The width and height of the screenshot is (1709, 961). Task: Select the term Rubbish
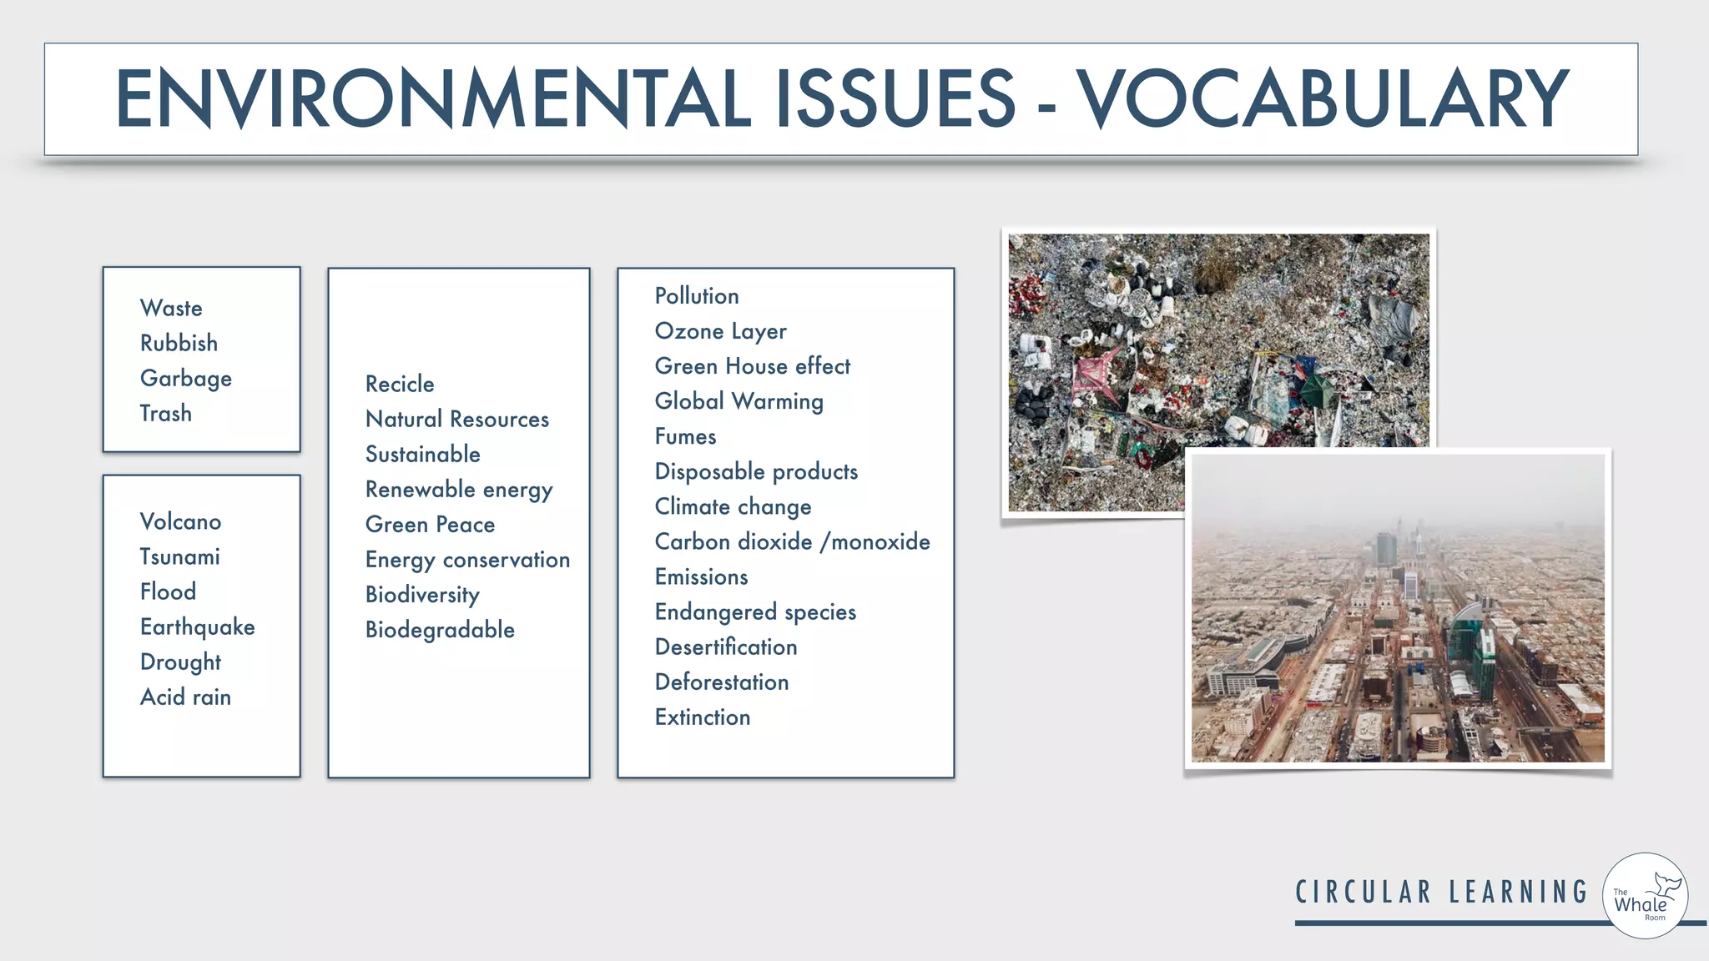179,343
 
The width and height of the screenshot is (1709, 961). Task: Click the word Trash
165,413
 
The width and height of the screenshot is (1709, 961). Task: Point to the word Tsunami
179,556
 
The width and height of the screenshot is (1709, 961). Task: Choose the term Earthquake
197,626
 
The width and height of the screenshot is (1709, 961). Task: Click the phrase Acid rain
185,697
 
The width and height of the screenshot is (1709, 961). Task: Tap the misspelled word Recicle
400,384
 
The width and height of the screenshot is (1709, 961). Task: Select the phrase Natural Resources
456,419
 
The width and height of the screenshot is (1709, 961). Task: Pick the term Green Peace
430,524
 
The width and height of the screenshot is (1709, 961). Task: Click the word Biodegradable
440,629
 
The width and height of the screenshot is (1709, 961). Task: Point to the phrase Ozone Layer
720,331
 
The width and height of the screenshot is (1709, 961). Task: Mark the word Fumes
685,436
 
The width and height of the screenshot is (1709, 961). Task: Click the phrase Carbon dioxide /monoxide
792,541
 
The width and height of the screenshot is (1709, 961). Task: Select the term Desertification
726,647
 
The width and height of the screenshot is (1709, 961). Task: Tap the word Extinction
703,717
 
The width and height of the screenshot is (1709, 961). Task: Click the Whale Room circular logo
1645,896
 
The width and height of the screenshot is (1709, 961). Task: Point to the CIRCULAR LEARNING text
1441,892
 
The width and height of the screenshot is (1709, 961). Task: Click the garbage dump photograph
1168,350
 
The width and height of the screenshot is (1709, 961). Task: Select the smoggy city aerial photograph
1398,617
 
